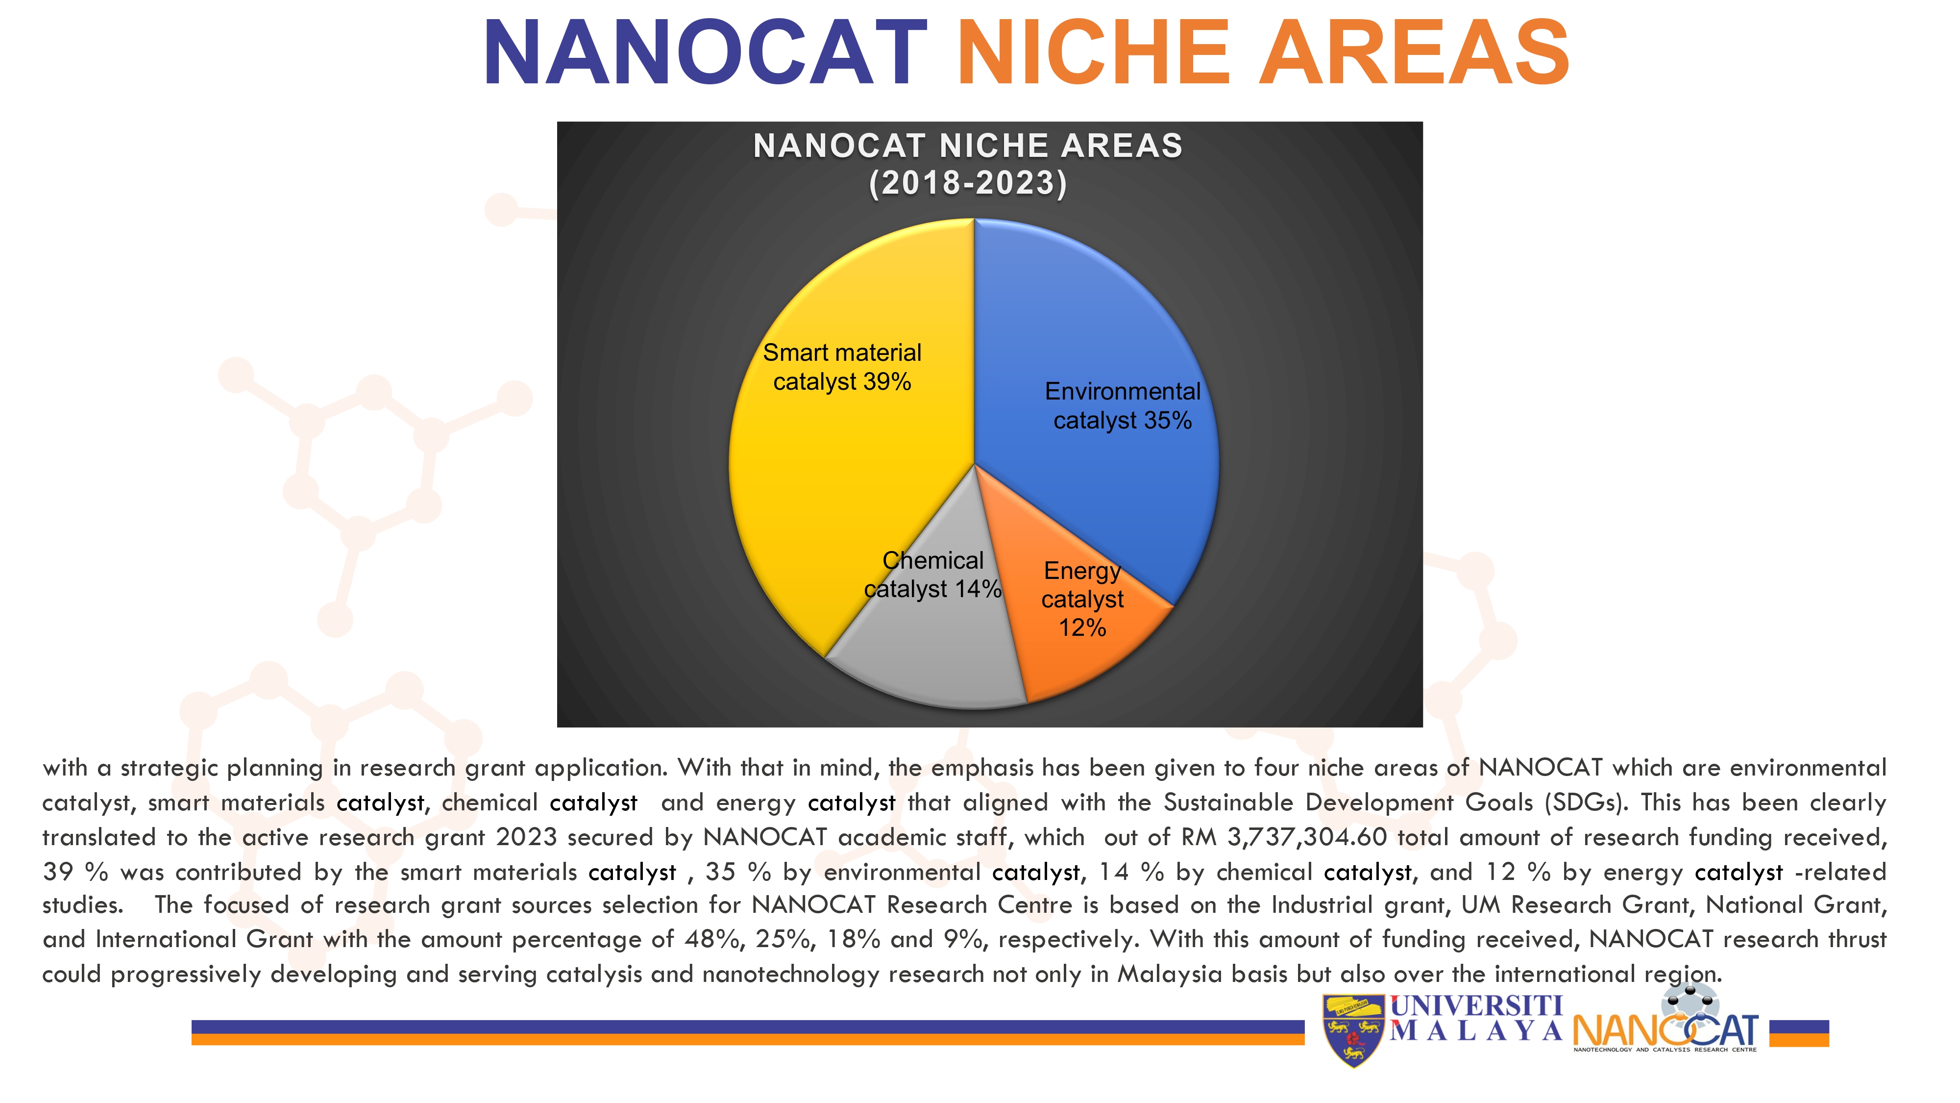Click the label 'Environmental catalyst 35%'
[x=1122, y=406]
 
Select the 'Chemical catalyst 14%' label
[x=933, y=575]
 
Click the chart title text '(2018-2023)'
[x=968, y=183]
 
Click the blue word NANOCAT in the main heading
[x=705, y=52]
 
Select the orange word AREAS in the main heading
[x=1414, y=52]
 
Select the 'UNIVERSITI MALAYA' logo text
[x=1476, y=1018]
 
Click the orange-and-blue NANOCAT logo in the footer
[x=1666, y=1020]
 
